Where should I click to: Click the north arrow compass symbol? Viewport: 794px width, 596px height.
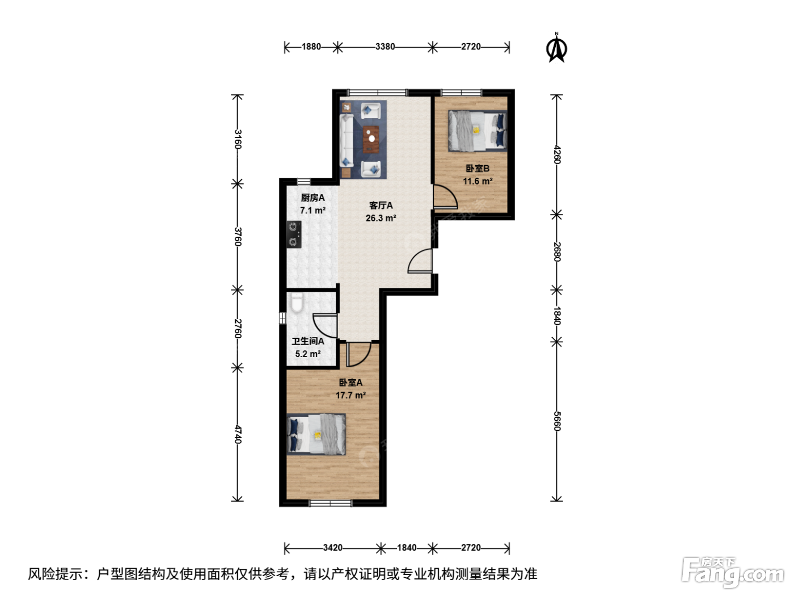coord(556,48)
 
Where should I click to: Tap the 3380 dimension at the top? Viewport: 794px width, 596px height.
coord(385,47)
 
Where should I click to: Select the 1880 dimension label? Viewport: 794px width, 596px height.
coord(311,47)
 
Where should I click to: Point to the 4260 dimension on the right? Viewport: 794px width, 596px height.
coord(557,154)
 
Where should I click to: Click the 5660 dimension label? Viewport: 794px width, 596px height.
coord(557,421)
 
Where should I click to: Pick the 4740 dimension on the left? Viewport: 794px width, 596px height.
coord(237,434)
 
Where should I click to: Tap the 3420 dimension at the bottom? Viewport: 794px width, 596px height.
coord(333,548)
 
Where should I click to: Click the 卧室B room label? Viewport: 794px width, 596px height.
coord(478,168)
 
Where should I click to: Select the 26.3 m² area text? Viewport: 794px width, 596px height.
coord(381,218)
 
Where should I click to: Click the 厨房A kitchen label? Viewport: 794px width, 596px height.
coord(313,198)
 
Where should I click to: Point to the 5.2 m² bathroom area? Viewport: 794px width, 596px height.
coord(308,354)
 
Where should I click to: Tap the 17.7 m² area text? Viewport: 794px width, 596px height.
coord(350,395)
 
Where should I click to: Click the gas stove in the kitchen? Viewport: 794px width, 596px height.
coord(294,234)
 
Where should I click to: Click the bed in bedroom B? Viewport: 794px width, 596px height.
coord(478,131)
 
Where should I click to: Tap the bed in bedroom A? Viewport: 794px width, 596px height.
coord(316,434)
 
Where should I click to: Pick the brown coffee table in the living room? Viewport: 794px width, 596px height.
coord(371,140)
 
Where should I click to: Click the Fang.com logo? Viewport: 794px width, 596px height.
coord(733,572)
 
